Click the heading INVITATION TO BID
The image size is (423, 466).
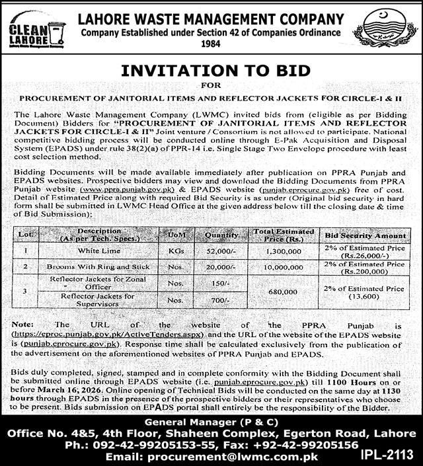point(211,71)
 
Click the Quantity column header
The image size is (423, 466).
point(222,235)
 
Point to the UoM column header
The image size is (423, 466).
point(176,235)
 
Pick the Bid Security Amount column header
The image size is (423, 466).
point(364,235)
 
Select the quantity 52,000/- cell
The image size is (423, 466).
point(222,251)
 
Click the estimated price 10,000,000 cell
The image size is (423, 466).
point(283,267)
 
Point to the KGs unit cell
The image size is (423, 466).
point(176,251)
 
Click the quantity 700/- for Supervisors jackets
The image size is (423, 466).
point(222,299)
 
